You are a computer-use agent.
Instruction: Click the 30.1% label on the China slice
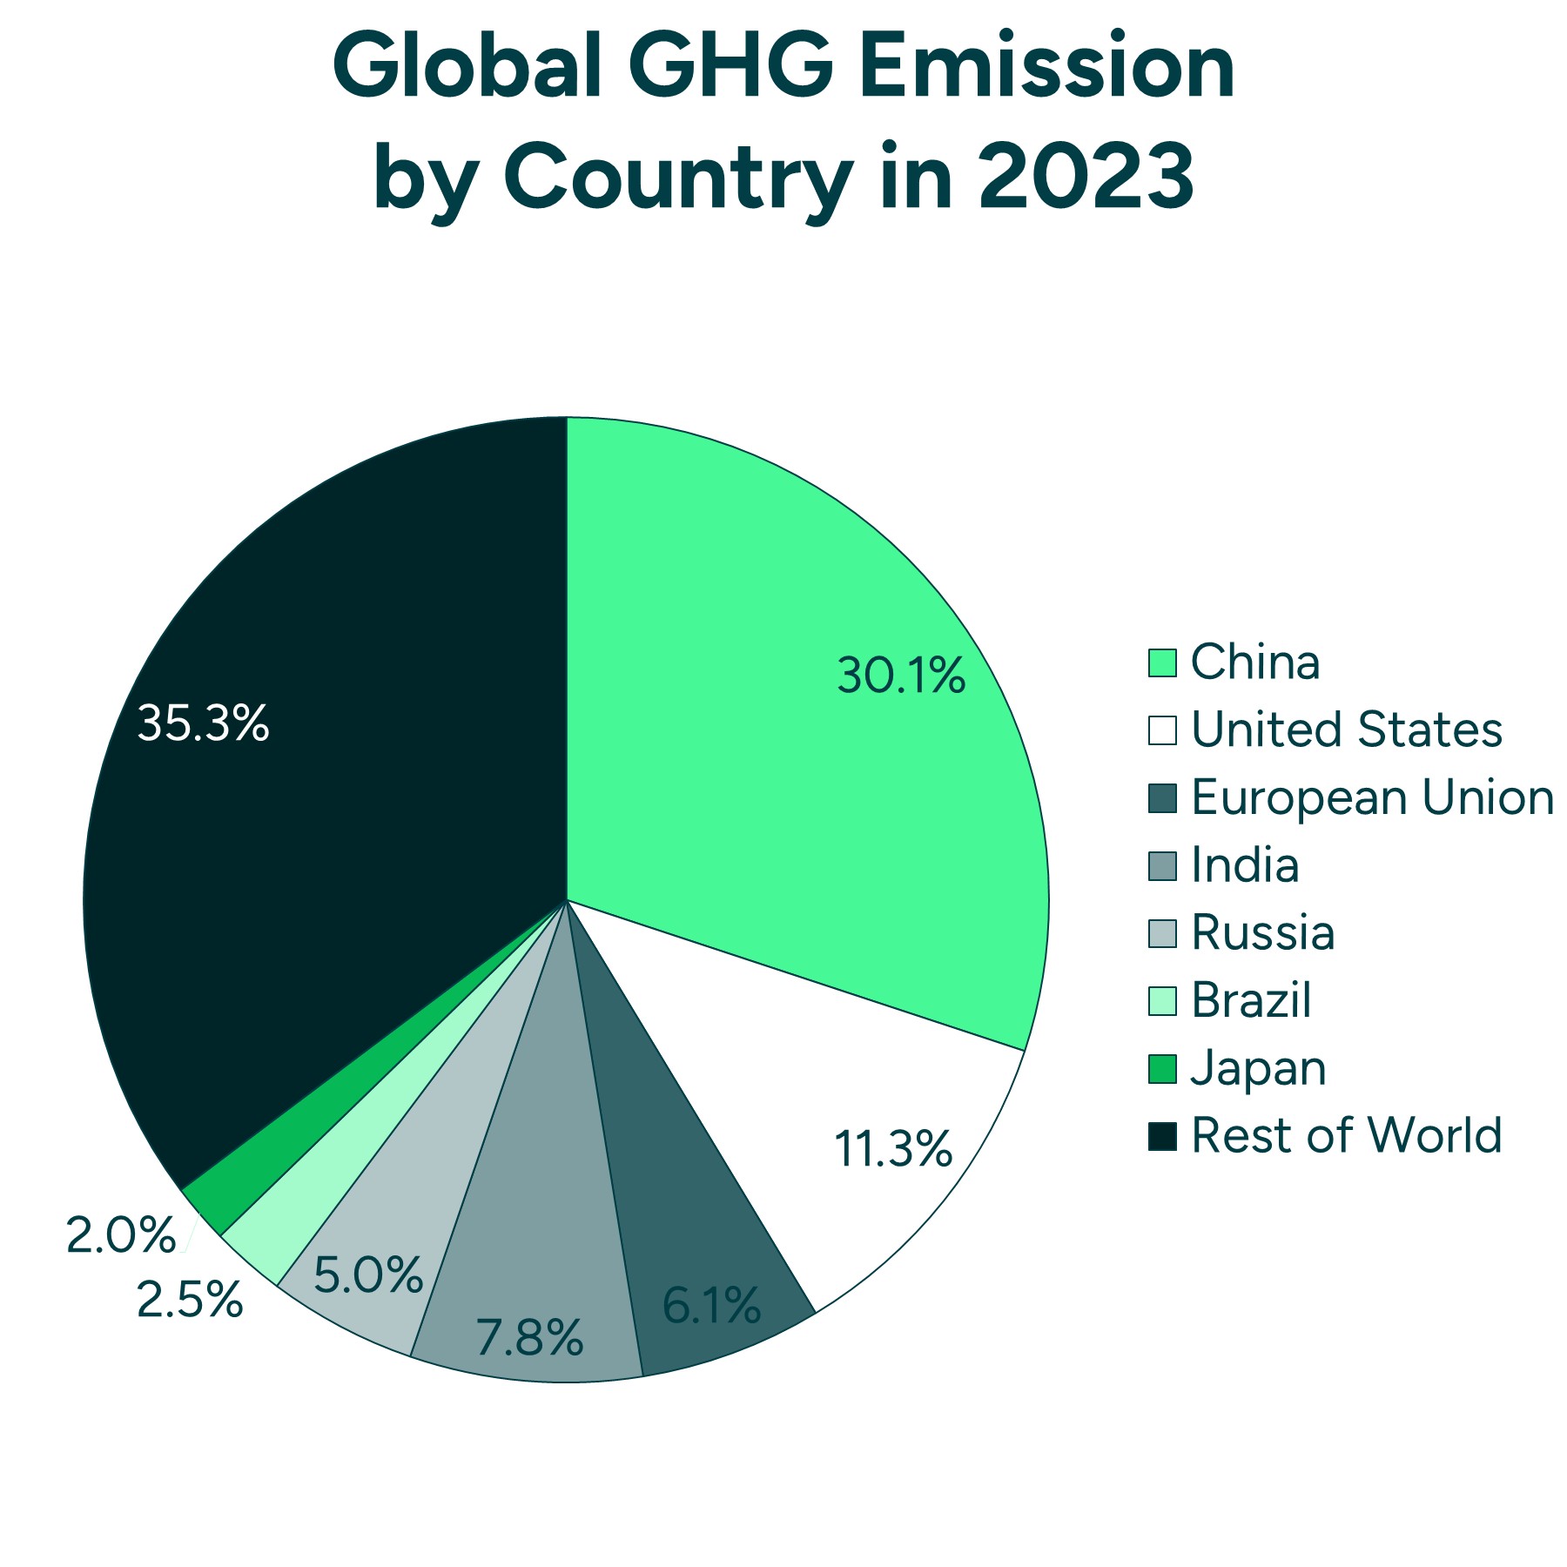click(x=901, y=676)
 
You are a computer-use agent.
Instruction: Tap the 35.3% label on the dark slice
click(x=203, y=723)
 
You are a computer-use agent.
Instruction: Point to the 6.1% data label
click(x=711, y=1306)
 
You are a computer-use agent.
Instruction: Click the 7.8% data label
click(x=529, y=1338)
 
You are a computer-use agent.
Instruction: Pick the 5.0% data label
click(x=368, y=1275)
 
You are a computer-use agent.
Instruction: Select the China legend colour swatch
click(x=1162, y=662)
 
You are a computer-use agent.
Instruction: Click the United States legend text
click(x=1346, y=730)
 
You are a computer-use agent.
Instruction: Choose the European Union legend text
click(x=1372, y=797)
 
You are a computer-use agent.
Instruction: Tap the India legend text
click(x=1245, y=865)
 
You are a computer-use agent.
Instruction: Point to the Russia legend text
click(x=1262, y=932)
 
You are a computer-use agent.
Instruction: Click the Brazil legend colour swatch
click(x=1162, y=1000)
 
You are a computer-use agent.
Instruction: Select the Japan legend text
click(x=1258, y=1068)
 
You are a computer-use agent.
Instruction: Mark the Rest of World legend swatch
click(x=1162, y=1136)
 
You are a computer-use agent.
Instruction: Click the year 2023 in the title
click(x=1086, y=177)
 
